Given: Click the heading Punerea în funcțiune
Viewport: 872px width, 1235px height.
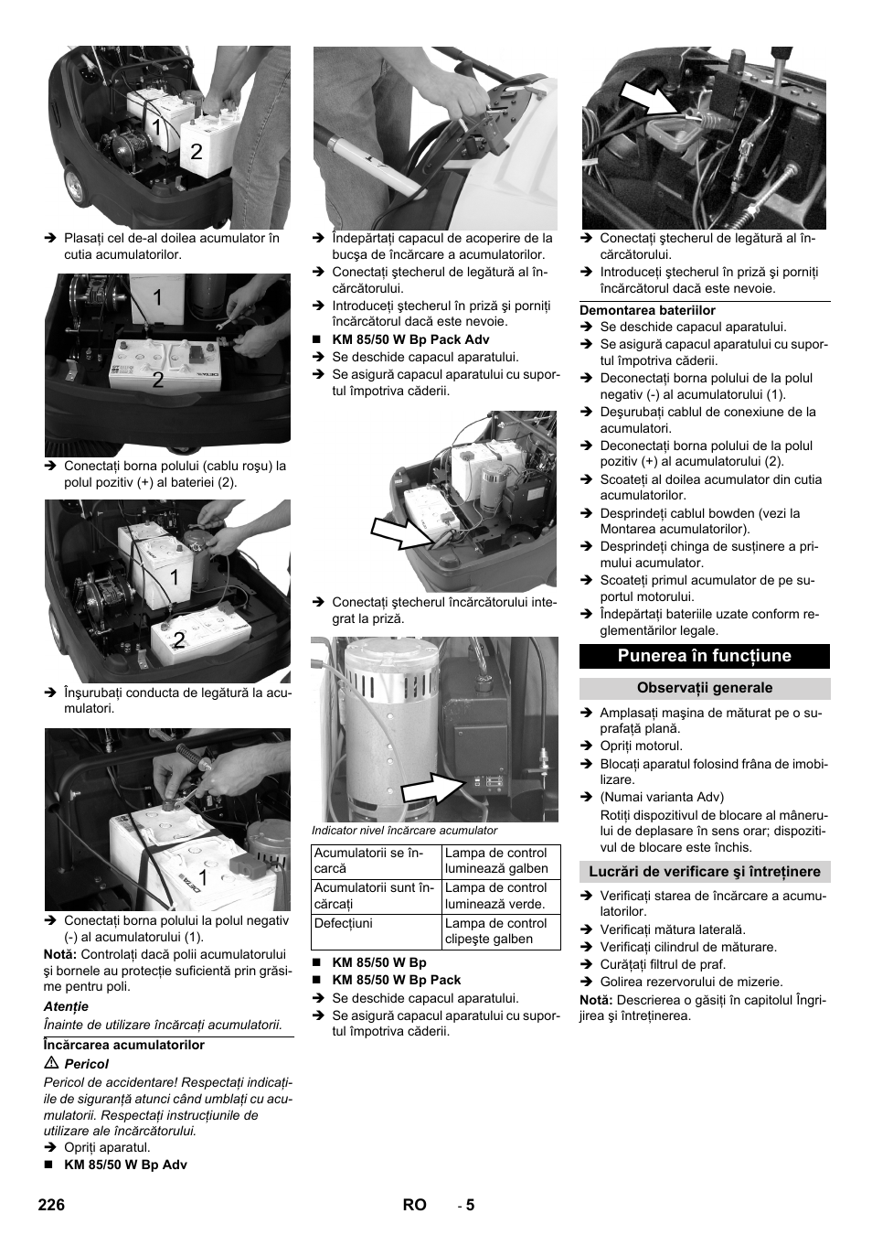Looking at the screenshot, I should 704,656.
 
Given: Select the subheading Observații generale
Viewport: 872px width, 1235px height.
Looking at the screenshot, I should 704,688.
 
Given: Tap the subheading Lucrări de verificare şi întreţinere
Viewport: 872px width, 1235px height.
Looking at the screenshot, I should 704,872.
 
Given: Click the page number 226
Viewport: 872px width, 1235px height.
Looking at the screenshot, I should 52,1205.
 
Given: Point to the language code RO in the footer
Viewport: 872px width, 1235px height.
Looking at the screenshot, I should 414,1205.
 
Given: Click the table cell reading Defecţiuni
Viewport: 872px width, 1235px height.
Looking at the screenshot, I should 343,924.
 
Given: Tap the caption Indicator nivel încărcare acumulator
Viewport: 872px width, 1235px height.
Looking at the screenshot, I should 405,831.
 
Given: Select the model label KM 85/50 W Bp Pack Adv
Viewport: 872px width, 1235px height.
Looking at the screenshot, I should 410,339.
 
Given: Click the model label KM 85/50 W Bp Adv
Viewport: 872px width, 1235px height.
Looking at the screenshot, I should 125,1165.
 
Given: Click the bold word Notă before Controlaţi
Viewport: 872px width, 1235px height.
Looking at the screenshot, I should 59,954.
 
